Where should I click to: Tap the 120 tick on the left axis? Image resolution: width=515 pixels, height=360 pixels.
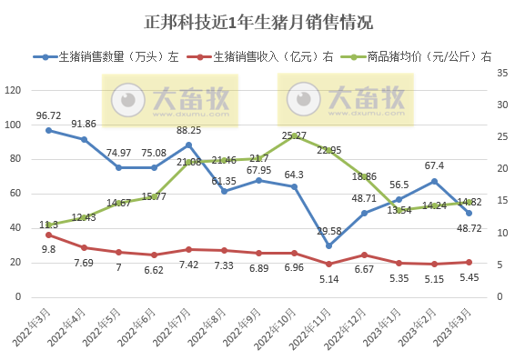tap(14, 91)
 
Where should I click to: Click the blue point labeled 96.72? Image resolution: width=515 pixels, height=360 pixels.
tap(48, 130)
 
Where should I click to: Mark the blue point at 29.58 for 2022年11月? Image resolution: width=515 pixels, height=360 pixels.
tap(328, 245)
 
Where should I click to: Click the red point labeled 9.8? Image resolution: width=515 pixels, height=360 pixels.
tap(48, 235)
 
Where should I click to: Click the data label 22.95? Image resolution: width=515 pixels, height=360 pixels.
tap(328, 150)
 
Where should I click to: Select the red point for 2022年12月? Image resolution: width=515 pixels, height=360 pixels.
tap(364, 255)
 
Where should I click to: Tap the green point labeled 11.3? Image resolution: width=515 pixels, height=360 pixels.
tap(48, 225)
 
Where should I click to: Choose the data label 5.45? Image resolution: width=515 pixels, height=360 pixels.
tap(470, 276)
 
